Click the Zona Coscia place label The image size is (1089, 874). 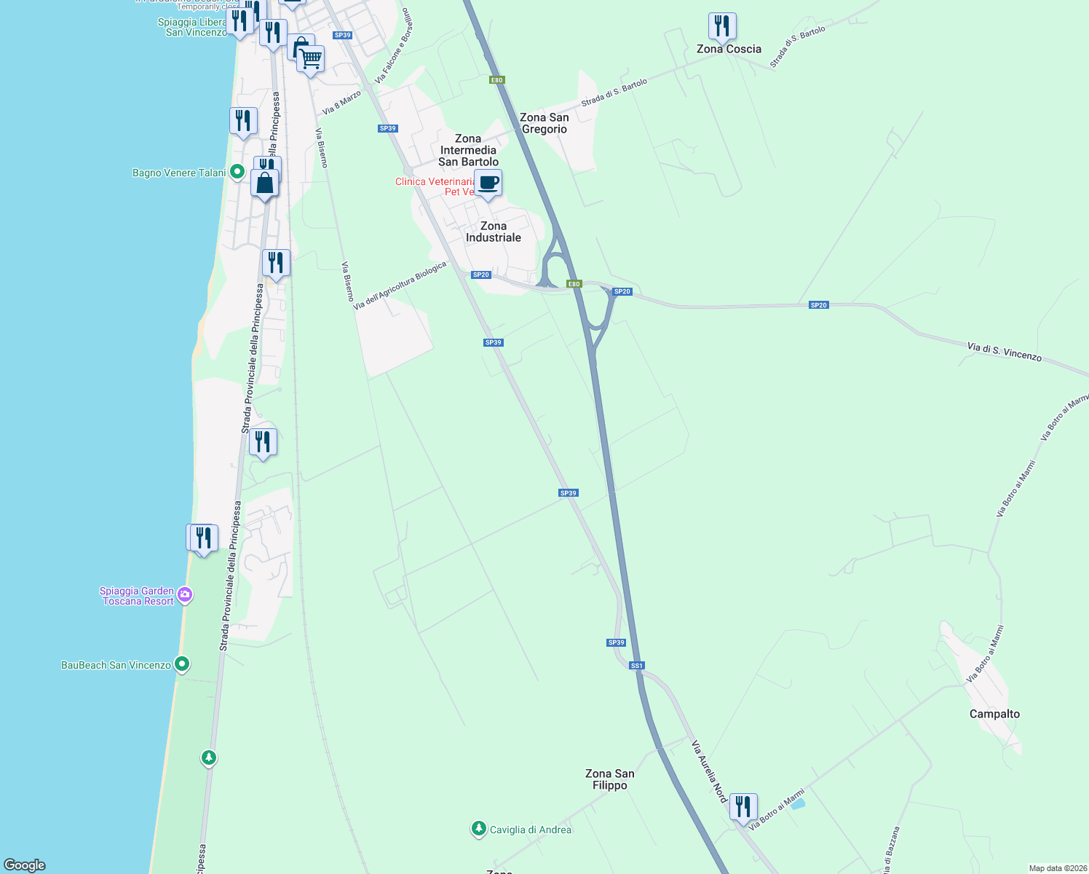[x=729, y=49]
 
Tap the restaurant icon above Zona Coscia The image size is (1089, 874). [x=722, y=26]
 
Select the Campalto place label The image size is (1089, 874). [x=994, y=714]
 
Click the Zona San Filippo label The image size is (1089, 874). [x=610, y=779]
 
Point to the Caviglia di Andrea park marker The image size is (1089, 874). [x=478, y=829]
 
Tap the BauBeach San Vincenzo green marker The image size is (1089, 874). [x=183, y=664]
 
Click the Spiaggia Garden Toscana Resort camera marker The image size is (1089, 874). [x=185, y=595]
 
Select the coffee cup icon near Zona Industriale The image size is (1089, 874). [x=488, y=184]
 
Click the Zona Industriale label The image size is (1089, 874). [x=494, y=232]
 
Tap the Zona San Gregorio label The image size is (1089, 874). [x=544, y=123]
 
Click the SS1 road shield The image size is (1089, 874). [x=637, y=666]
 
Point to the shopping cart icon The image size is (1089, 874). [x=311, y=59]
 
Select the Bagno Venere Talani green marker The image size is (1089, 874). [x=237, y=172]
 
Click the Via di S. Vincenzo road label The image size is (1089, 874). [x=1005, y=352]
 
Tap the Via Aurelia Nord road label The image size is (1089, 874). [x=710, y=771]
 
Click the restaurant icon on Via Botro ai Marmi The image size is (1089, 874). [x=743, y=807]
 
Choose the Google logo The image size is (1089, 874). [x=25, y=865]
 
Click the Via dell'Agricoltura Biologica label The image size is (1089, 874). [x=400, y=286]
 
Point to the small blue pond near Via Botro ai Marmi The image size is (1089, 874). [x=798, y=804]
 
